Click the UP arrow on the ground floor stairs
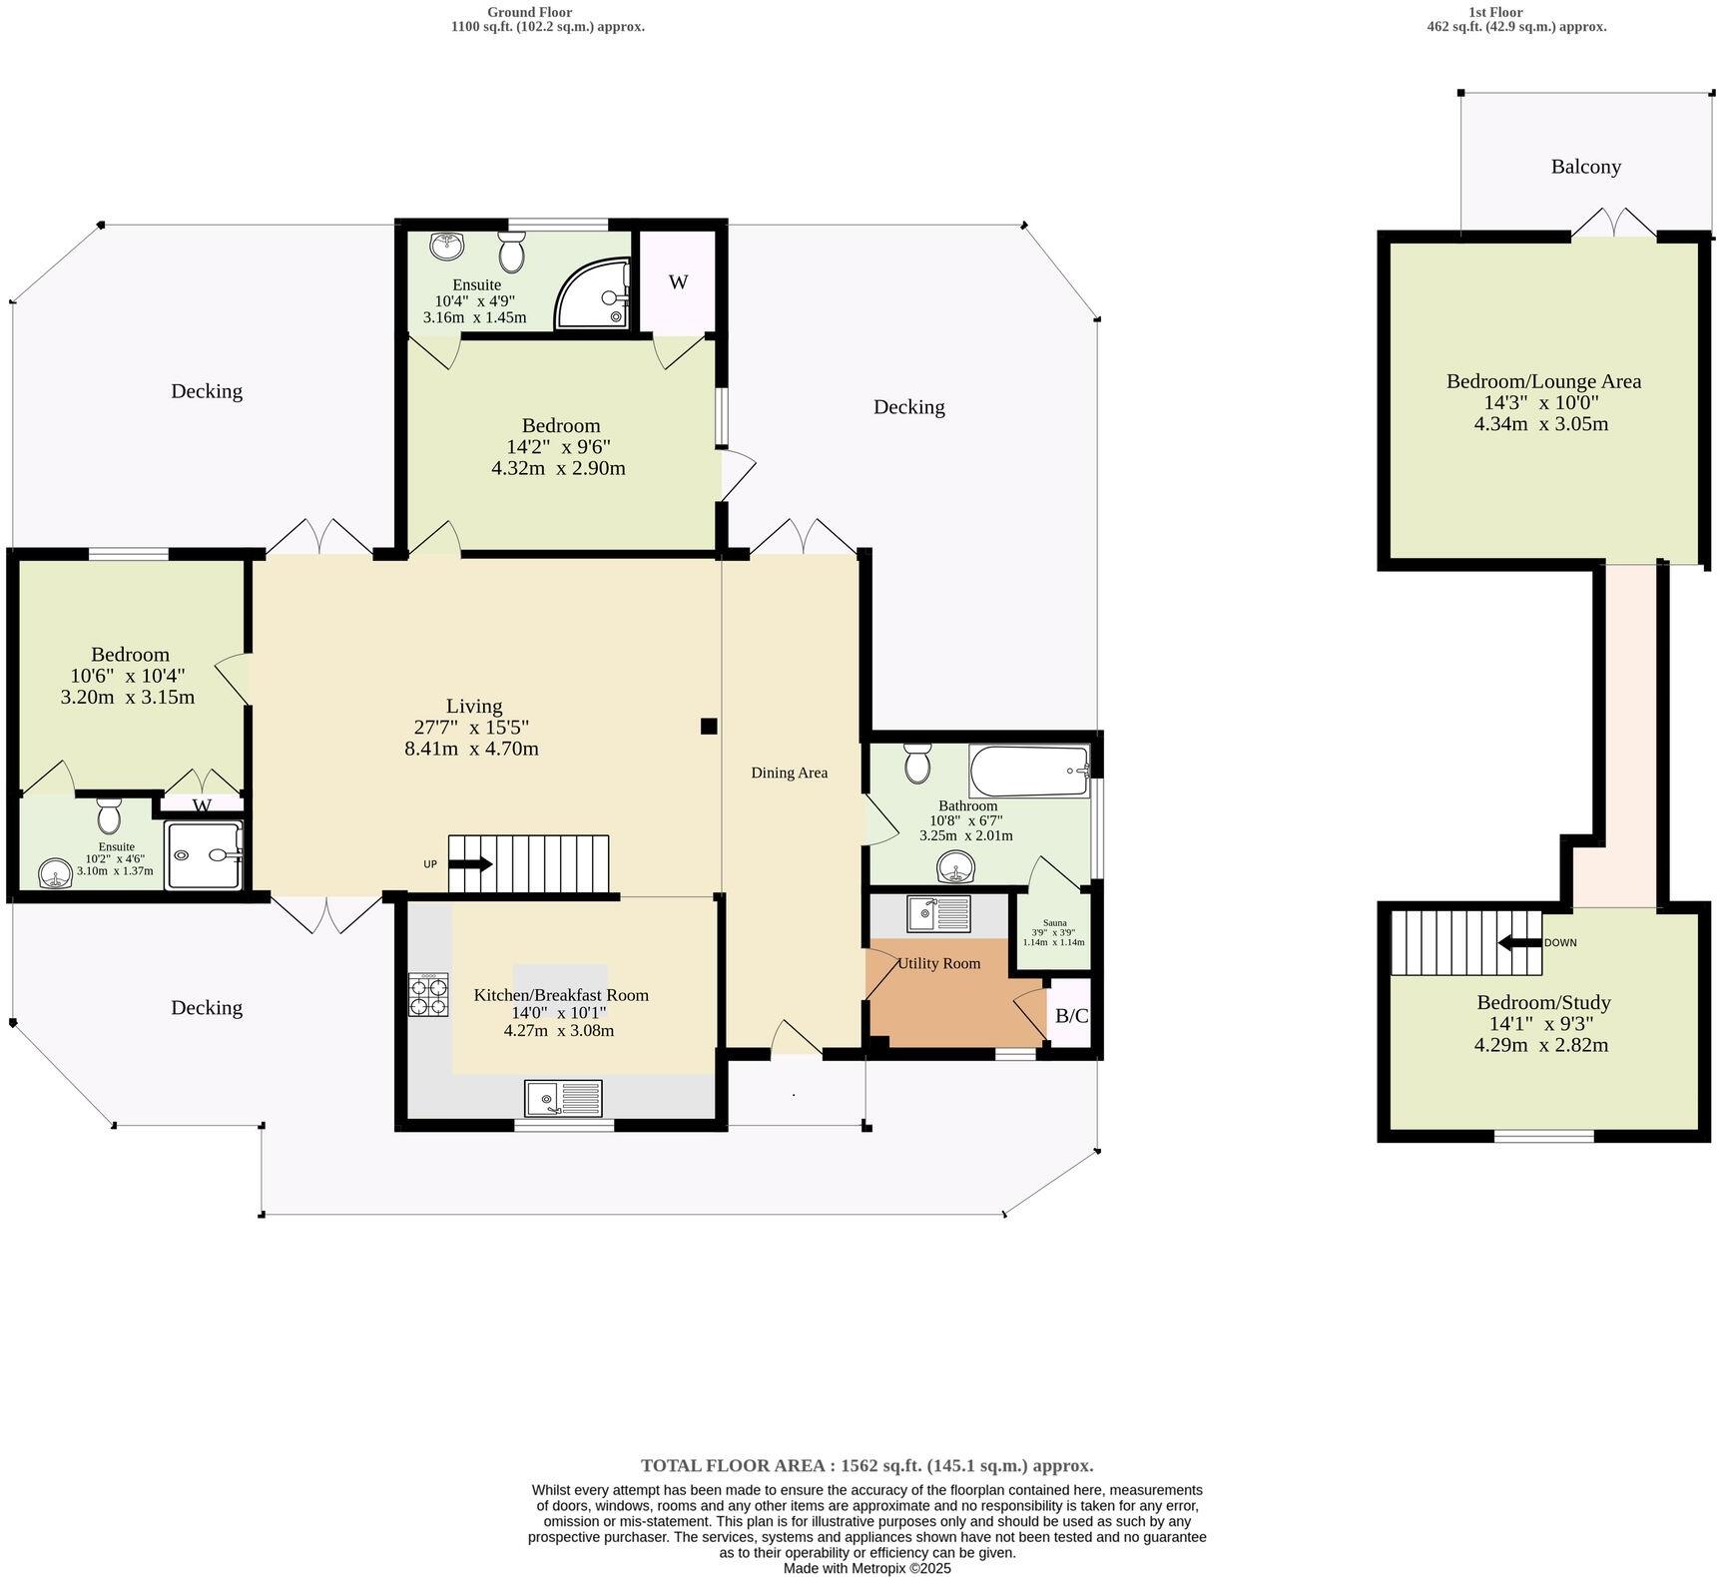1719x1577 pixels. (x=472, y=864)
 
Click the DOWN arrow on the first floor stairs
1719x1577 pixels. (x=1520, y=942)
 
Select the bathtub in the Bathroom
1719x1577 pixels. (x=1028, y=771)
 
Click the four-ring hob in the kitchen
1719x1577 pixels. (x=428, y=995)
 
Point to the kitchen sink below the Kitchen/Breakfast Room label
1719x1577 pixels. (x=563, y=1098)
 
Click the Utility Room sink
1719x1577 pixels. (x=938, y=912)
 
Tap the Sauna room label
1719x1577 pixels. (x=1054, y=923)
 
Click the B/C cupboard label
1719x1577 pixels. (x=1071, y=1016)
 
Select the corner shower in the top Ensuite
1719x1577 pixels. (x=595, y=294)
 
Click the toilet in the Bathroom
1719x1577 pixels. (x=916, y=765)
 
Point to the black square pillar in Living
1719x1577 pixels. (x=709, y=727)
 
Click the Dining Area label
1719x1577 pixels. (x=789, y=773)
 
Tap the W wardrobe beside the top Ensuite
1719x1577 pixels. (x=678, y=282)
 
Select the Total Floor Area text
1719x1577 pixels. (x=866, y=1465)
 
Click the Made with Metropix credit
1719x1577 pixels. (x=866, y=1568)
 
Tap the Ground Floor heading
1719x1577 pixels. (x=529, y=12)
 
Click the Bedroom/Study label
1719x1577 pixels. (x=1542, y=1002)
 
